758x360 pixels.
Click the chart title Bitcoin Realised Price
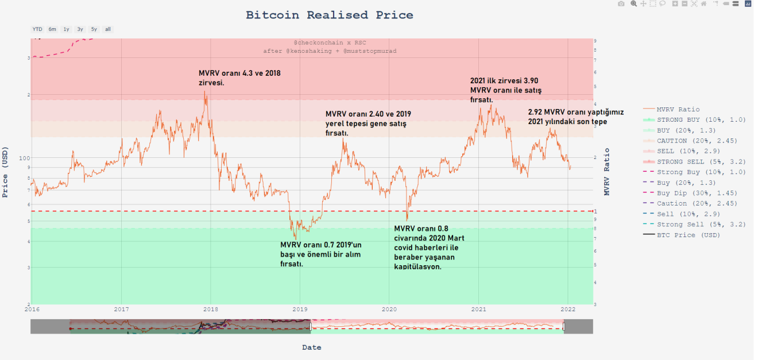[x=329, y=15]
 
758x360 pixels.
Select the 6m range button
[x=52, y=29]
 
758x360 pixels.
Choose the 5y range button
[x=94, y=29]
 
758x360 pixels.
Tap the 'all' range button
[x=107, y=29]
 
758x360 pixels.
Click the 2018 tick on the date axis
[x=211, y=308]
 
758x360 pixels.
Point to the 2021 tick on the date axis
[x=479, y=308]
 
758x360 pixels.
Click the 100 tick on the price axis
[x=24, y=158]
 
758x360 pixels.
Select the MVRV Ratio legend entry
[x=678, y=109]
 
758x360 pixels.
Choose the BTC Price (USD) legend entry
[x=688, y=235]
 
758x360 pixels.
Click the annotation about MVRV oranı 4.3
[x=239, y=78]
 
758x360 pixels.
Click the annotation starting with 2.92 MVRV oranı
[x=575, y=117]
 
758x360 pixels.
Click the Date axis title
[x=312, y=347]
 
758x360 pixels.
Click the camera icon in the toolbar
[x=621, y=4]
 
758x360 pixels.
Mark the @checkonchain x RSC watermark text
[x=330, y=43]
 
